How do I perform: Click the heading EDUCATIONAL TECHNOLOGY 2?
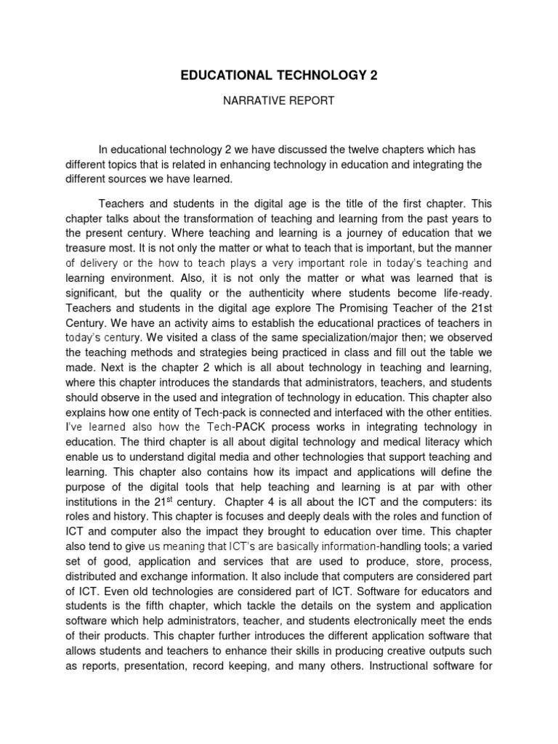pyautogui.click(x=279, y=76)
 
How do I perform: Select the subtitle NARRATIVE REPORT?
pyautogui.click(x=278, y=101)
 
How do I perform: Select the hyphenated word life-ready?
pyautogui.click(x=447, y=293)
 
